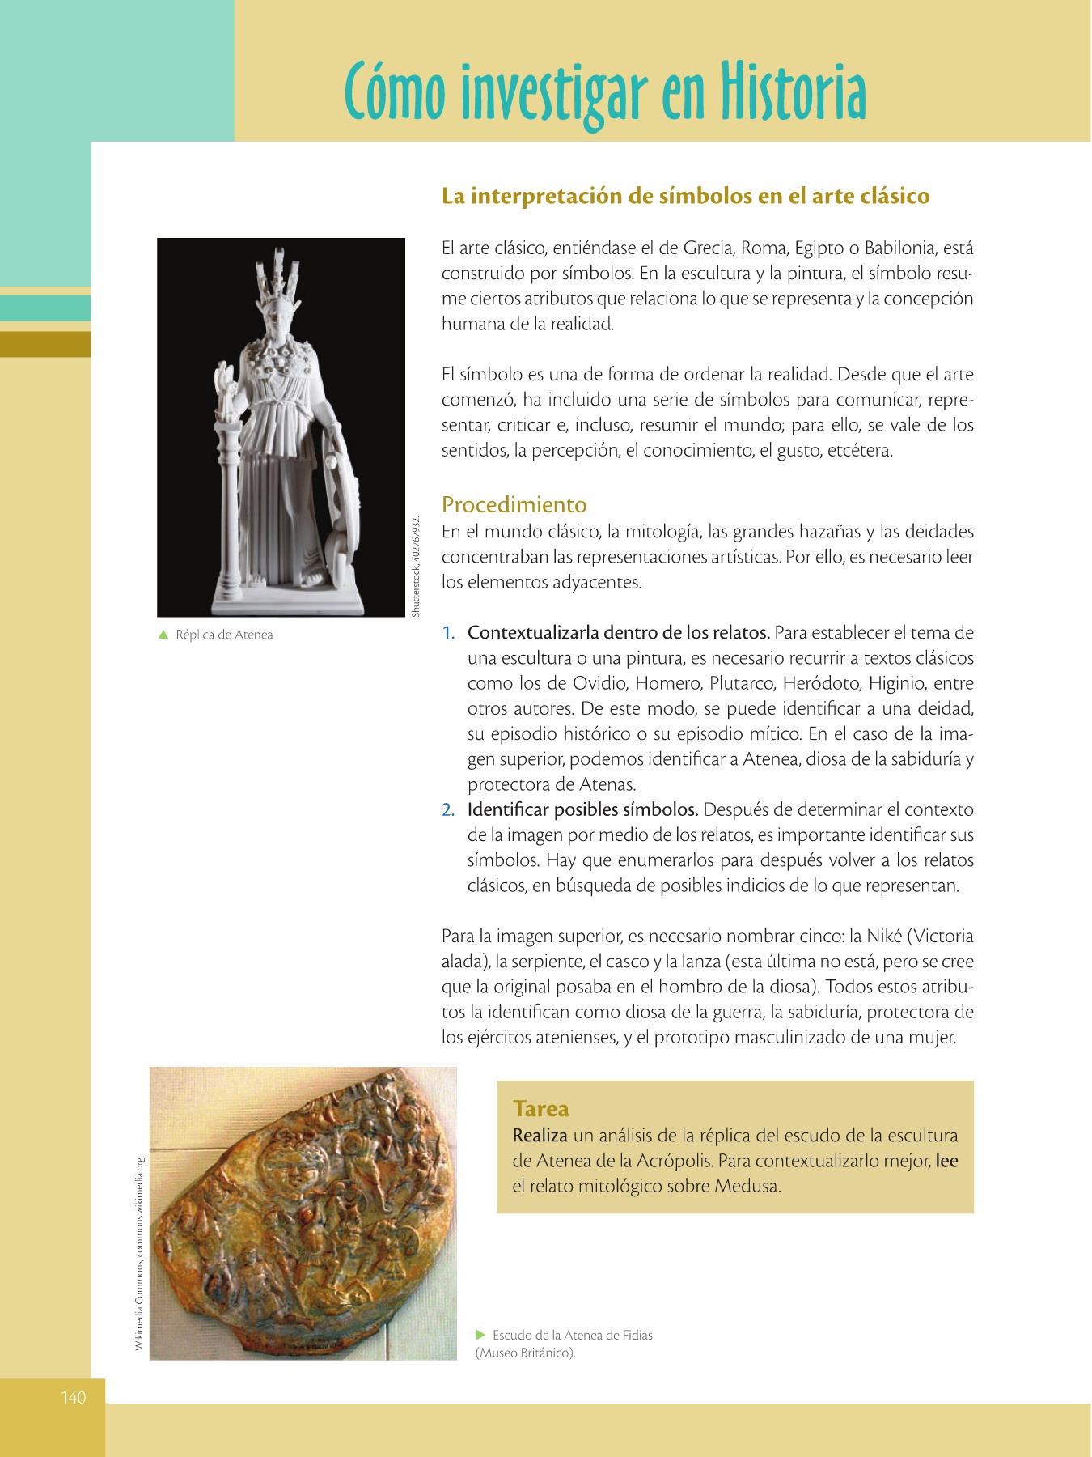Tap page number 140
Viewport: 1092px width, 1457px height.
(x=73, y=1398)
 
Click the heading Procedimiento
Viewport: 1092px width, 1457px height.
(x=514, y=505)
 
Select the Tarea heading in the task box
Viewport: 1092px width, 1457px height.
(x=540, y=1109)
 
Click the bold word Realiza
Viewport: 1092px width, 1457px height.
(x=540, y=1136)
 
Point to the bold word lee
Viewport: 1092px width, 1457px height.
(x=946, y=1161)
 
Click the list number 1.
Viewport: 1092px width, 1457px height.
(x=448, y=633)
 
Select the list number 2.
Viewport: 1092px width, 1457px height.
(x=448, y=810)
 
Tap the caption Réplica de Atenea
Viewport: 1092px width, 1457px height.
(x=224, y=635)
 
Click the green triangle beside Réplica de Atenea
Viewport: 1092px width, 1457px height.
(x=163, y=635)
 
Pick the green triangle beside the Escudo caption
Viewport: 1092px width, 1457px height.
(x=480, y=1335)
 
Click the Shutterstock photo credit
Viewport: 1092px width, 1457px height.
(x=416, y=567)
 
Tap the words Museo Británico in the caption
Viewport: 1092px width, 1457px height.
(x=526, y=1353)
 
